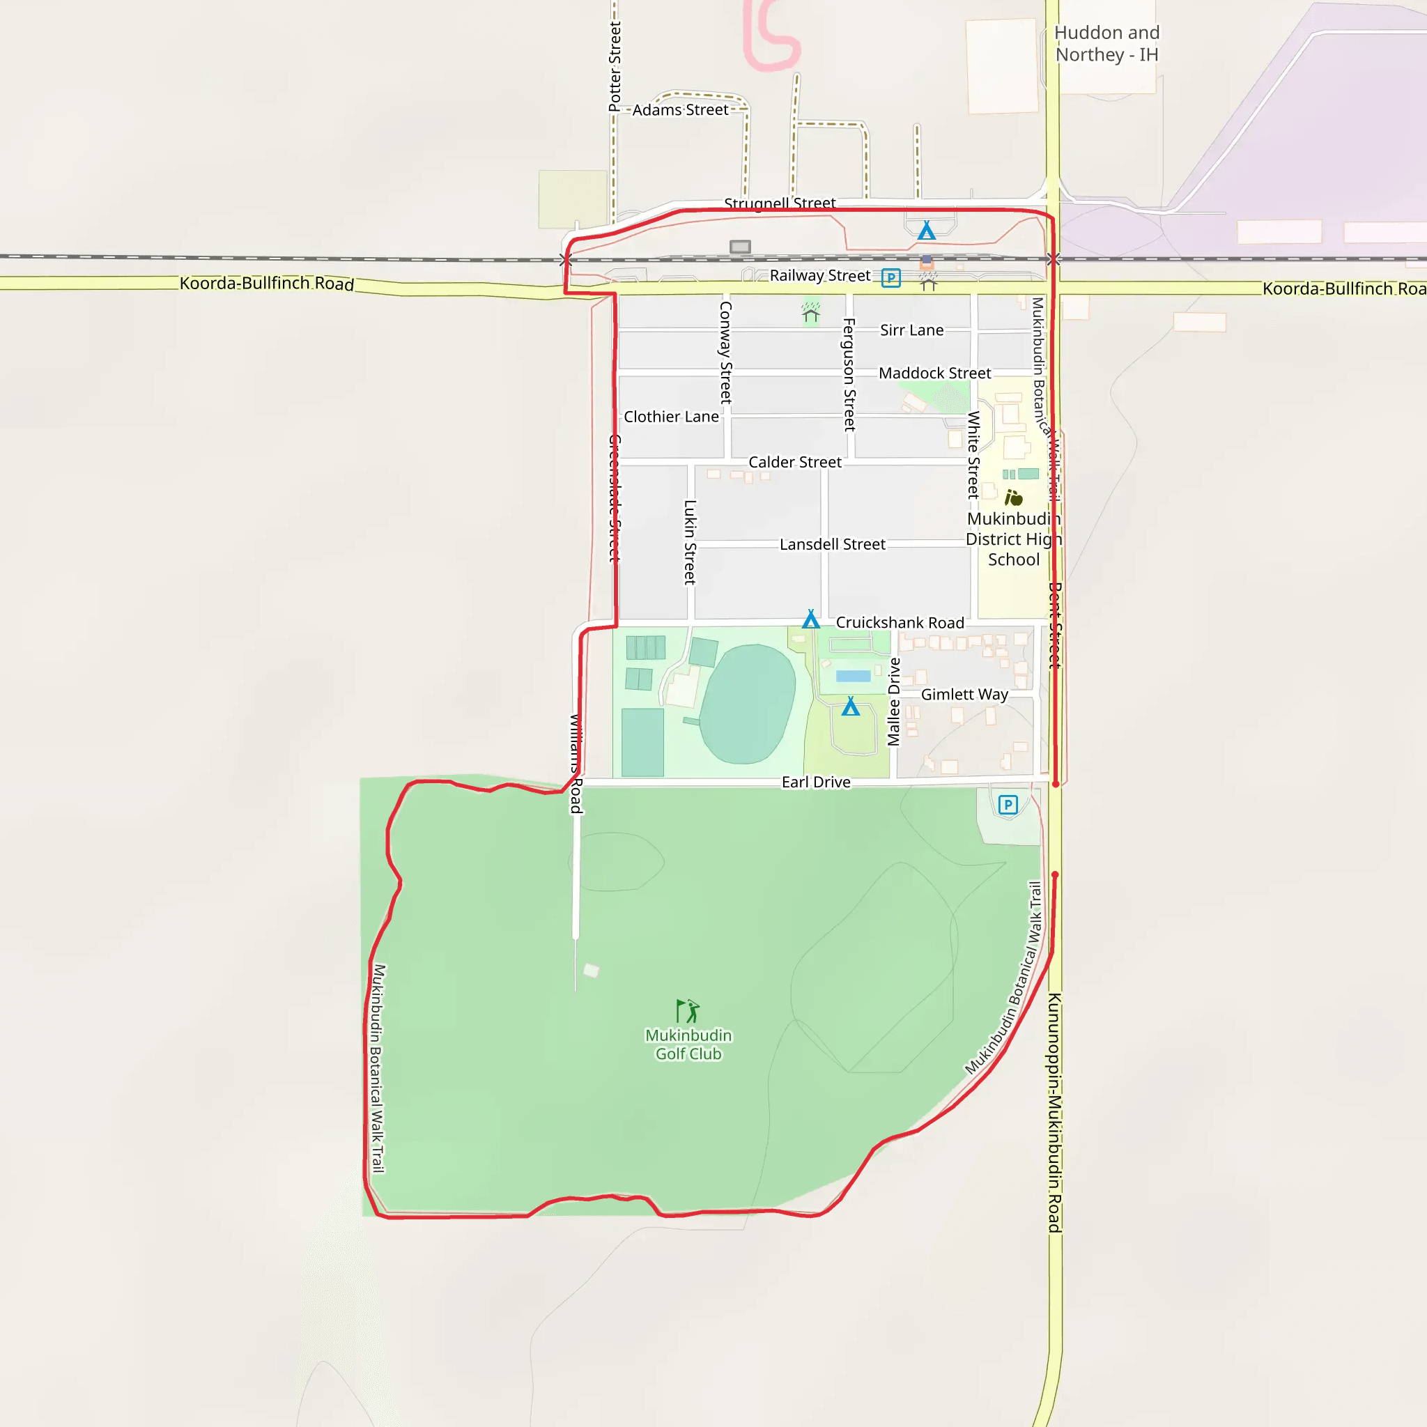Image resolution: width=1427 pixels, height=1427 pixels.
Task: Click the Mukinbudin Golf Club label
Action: [688, 1044]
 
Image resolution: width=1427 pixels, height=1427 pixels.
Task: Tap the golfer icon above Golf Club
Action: [688, 1010]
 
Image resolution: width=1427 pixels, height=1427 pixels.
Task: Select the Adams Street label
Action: [680, 110]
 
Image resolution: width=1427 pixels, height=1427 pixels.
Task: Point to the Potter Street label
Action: [615, 66]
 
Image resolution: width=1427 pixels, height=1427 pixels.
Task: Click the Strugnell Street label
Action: [779, 203]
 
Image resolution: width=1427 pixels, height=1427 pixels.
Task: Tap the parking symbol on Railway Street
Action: [890, 279]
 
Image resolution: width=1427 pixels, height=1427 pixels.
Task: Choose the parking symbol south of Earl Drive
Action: [1008, 804]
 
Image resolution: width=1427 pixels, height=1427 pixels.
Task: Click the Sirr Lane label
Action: [911, 330]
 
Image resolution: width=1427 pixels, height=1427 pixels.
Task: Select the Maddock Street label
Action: [934, 373]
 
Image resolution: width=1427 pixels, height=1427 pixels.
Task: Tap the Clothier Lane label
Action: [671, 417]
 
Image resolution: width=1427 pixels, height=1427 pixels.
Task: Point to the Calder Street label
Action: [795, 463]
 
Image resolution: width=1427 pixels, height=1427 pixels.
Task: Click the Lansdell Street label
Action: [833, 544]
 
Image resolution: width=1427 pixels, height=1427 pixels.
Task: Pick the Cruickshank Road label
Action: [900, 623]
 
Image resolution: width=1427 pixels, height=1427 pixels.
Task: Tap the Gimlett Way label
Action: [964, 694]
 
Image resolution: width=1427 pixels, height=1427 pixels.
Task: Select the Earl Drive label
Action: [815, 782]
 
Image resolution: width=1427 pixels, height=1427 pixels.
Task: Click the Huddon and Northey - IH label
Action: [1106, 44]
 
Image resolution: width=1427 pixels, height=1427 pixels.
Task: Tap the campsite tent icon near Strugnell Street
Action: [926, 231]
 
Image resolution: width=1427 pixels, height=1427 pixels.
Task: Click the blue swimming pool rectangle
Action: [853, 676]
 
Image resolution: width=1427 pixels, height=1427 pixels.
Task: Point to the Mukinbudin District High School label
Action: [1013, 539]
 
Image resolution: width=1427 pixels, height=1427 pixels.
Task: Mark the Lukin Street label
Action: [690, 542]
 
